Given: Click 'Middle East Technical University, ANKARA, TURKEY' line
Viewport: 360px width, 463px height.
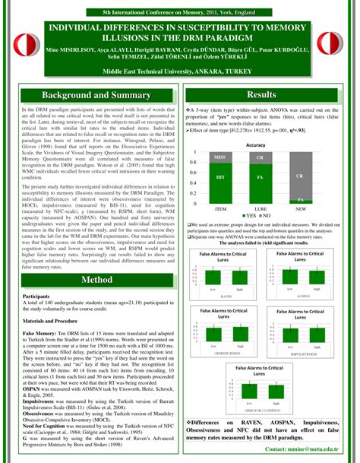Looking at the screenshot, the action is click(x=179, y=70).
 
